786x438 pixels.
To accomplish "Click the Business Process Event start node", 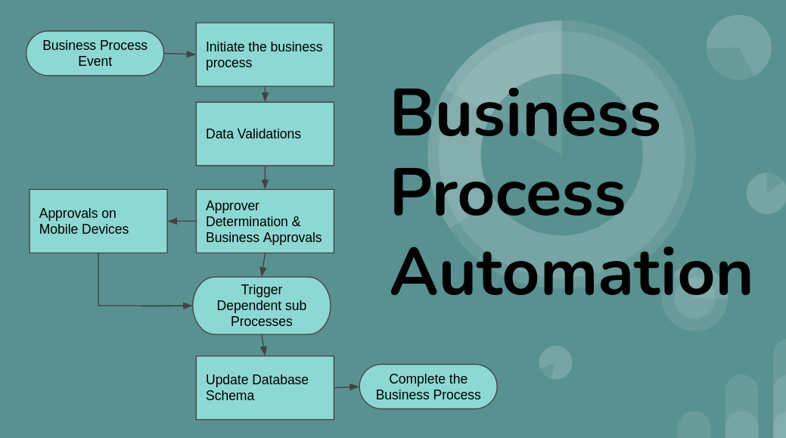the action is [x=95, y=53].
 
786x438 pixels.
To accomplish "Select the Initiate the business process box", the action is [x=265, y=54].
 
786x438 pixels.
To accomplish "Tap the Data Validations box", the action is [x=265, y=134].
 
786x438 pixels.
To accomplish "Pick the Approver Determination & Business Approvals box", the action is [x=265, y=221].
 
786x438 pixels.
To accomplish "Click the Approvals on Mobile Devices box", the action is [x=98, y=221].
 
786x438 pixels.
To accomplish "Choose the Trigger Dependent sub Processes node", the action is [x=262, y=306].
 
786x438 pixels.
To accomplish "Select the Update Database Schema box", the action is [x=265, y=388].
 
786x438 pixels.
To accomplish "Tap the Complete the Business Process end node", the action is [x=428, y=387].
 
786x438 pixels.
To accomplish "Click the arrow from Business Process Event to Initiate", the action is [x=180, y=54].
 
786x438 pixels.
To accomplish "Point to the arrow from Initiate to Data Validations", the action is [x=265, y=95].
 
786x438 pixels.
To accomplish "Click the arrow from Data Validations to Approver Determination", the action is [x=265, y=178].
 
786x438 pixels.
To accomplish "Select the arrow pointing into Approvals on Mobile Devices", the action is [x=182, y=221].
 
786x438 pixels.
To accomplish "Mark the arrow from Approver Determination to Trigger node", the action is [x=264, y=265].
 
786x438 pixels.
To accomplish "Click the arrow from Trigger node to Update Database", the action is [x=263, y=345].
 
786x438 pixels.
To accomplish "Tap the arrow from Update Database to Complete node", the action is [x=347, y=387].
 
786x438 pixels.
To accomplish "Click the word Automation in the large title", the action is [x=571, y=271].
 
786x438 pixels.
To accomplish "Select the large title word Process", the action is [x=508, y=192].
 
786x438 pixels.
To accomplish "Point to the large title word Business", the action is [x=526, y=112].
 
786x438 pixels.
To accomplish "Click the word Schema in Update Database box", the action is [x=230, y=396].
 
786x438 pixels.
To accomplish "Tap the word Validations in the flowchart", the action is [x=269, y=134].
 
